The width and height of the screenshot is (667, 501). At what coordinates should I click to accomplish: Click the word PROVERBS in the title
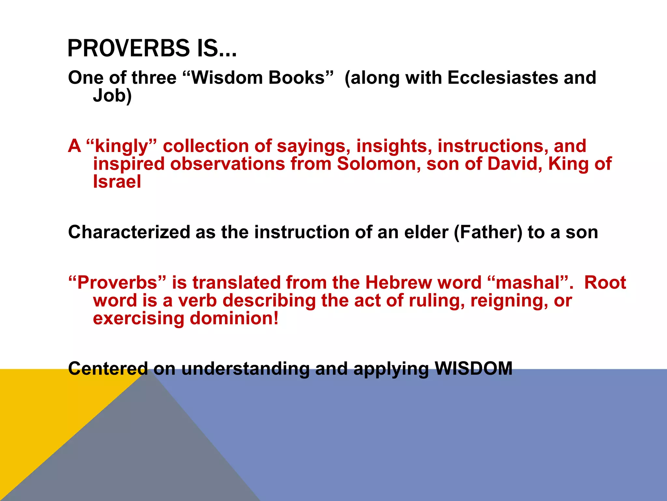pyautogui.click(x=128, y=48)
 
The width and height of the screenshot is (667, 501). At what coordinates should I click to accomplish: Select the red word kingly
pyautogui.click(x=121, y=146)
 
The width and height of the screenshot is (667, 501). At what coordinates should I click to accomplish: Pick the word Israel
pyautogui.click(x=117, y=182)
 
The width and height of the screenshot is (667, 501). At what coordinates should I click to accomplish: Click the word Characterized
pyautogui.click(x=129, y=232)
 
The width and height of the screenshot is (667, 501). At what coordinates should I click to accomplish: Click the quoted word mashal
pyautogui.click(x=527, y=282)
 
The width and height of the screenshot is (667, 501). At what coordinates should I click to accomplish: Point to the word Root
pyautogui.click(x=605, y=282)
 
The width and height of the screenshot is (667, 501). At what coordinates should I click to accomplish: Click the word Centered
pyautogui.click(x=108, y=369)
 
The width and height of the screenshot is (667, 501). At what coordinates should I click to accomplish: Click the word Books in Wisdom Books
pyautogui.click(x=296, y=78)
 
